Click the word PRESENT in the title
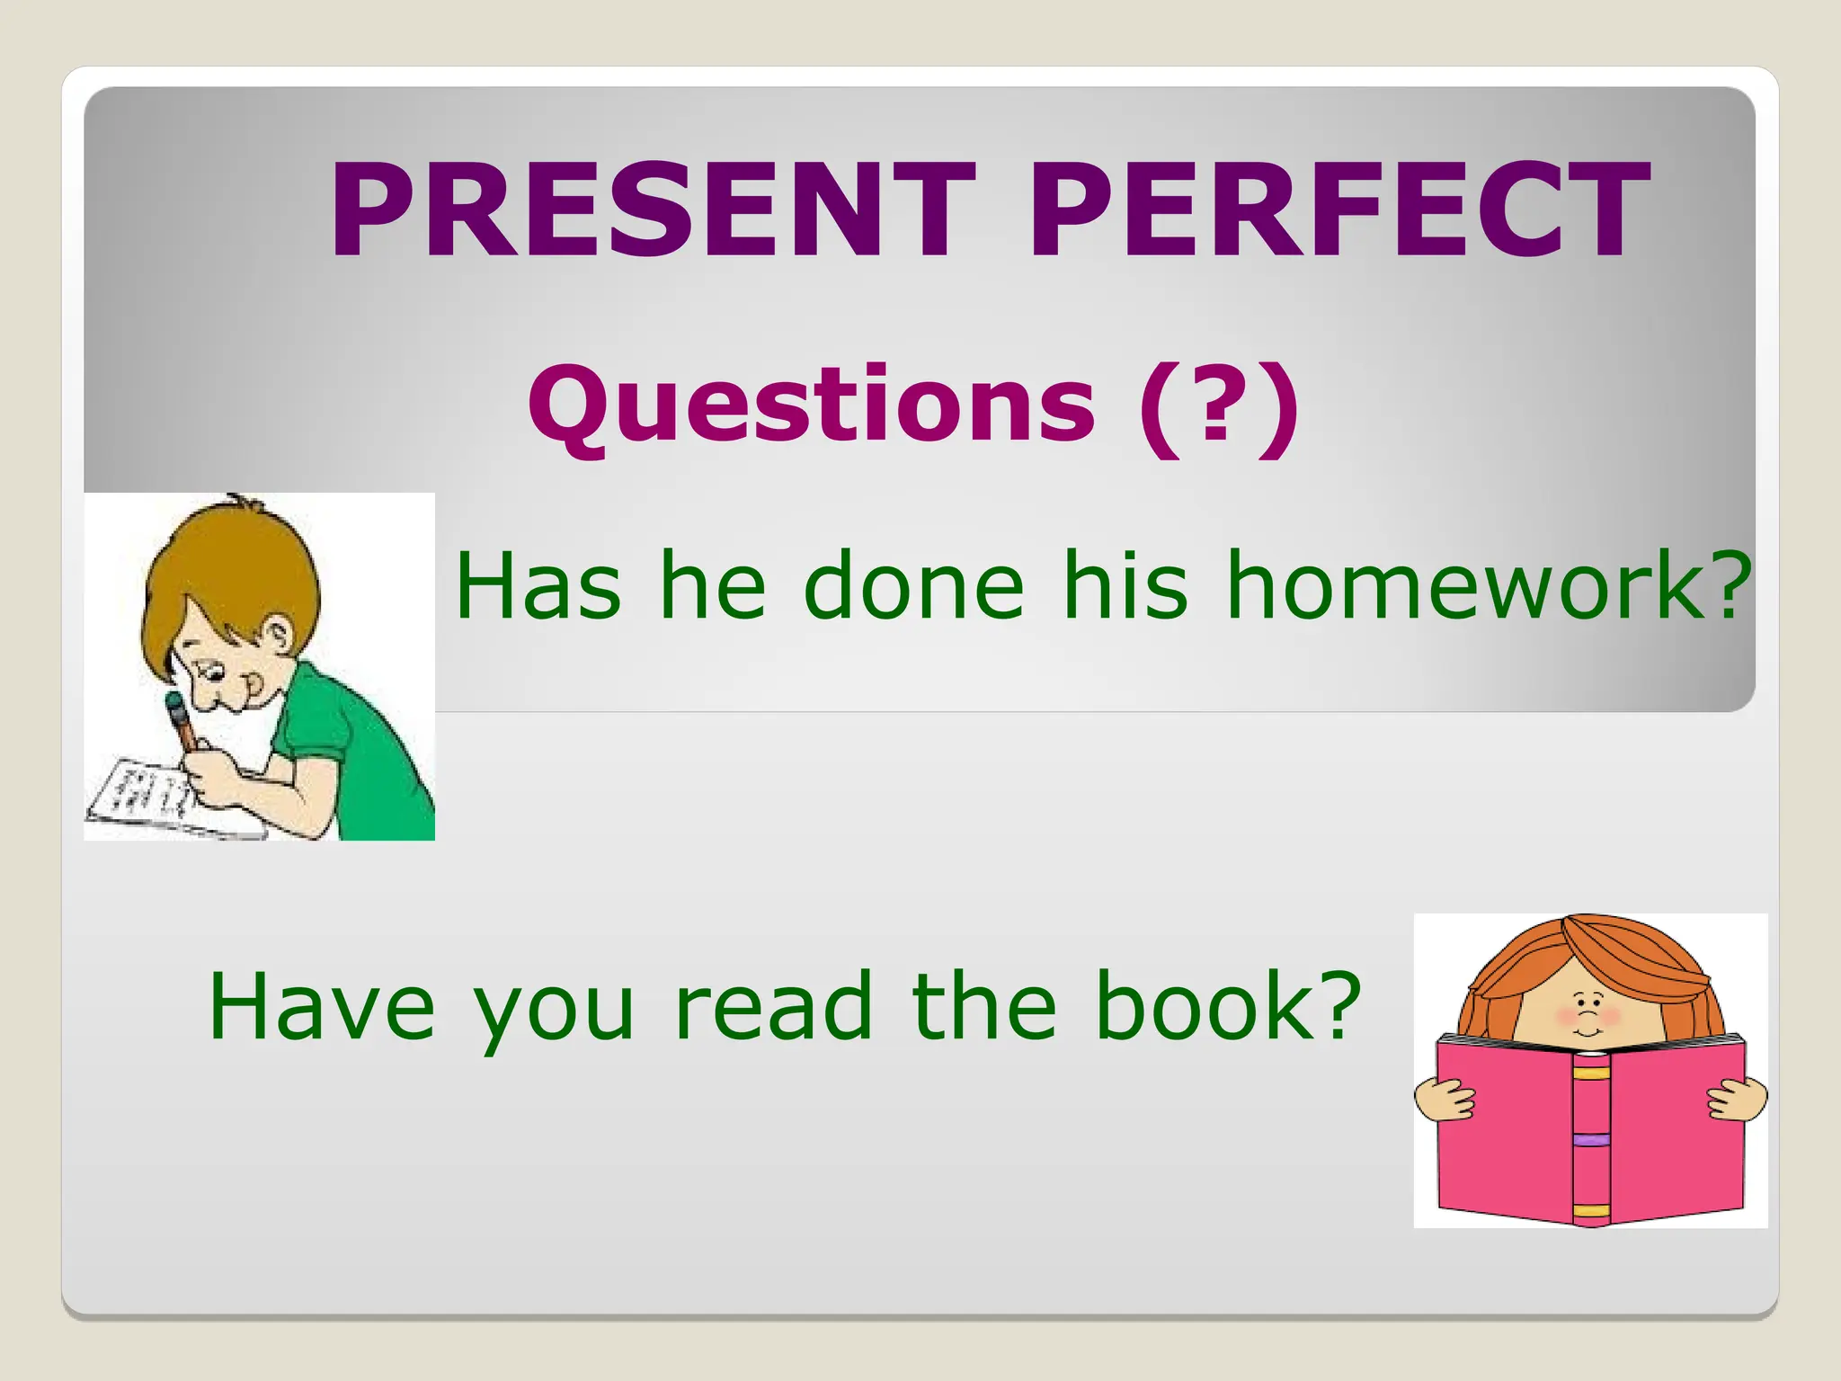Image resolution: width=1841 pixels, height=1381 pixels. click(652, 211)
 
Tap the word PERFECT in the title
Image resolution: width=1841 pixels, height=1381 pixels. click(1339, 211)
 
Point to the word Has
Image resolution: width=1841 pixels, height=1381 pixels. click(538, 586)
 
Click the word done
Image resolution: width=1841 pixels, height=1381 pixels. click(913, 586)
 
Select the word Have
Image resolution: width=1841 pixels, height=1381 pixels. click(322, 1007)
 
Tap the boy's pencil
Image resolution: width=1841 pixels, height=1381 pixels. click(182, 719)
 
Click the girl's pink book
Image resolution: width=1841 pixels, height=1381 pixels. click(1501, 1133)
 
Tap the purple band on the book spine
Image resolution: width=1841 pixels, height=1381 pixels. click(1590, 1140)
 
